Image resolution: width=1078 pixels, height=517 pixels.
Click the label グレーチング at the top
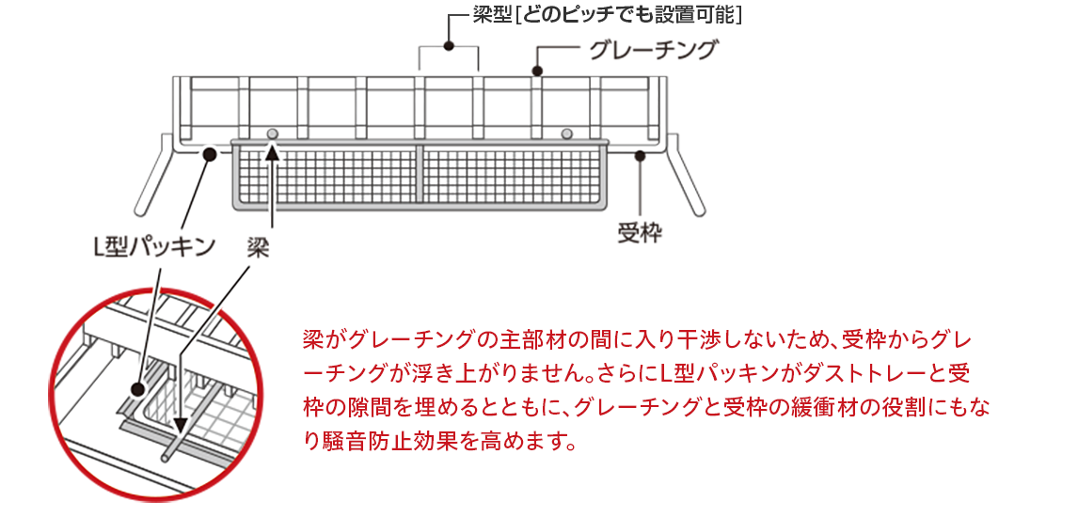[x=653, y=50]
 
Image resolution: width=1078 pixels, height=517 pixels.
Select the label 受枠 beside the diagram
[x=640, y=232]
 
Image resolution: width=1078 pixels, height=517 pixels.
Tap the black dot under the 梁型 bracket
[x=450, y=45]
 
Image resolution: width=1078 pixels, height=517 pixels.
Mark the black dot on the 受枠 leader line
[x=640, y=155]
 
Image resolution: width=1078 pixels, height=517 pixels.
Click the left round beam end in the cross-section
[x=272, y=133]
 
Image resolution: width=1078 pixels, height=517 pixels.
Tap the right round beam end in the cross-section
[x=566, y=133]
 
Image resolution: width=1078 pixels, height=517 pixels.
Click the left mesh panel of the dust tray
[x=325, y=175]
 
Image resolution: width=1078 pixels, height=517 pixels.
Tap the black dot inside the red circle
[x=138, y=386]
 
